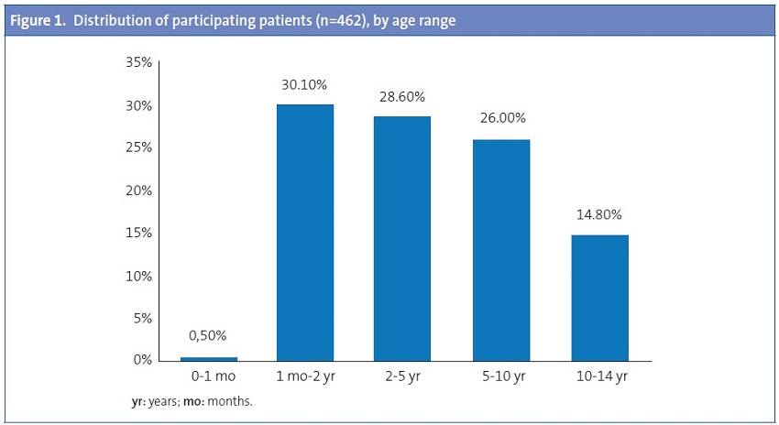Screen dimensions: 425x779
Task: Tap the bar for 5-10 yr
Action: pyautogui.click(x=501, y=249)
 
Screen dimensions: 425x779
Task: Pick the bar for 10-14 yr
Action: pyautogui.click(x=599, y=298)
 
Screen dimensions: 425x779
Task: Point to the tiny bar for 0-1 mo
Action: pyautogui.click(x=208, y=358)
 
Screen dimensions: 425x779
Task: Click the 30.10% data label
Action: pyautogui.click(x=304, y=84)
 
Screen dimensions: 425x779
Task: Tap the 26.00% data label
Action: pyautogui.click(x=501, y=118)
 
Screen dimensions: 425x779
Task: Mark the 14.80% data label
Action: pyautogui.click(x=599, y=215)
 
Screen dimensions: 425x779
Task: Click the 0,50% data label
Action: pyautogui.click(x=208, y=336)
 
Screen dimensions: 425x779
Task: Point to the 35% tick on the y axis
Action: pyautogui.click(x=138, y=63)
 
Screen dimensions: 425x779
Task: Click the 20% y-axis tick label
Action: pyautogui.click(x=138, y=191)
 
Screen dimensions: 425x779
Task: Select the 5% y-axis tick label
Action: pyautogui.click(x=142, y=318)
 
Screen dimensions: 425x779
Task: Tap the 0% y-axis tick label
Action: pyautogui.click(x=142, y=360)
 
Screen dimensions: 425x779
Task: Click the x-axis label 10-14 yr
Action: pyautogui.click(x=599, y=377)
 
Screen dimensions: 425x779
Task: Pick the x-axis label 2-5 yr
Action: pyautogui.click(x=402, y=377)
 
